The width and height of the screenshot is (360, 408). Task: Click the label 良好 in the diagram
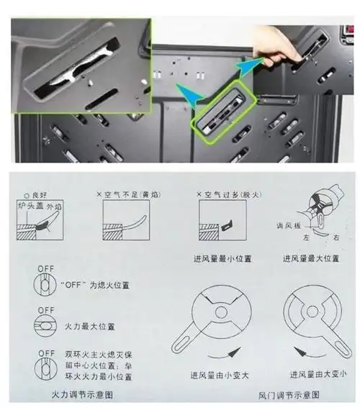coord(36,194)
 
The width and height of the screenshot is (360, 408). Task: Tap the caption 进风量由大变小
coord(321,375)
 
